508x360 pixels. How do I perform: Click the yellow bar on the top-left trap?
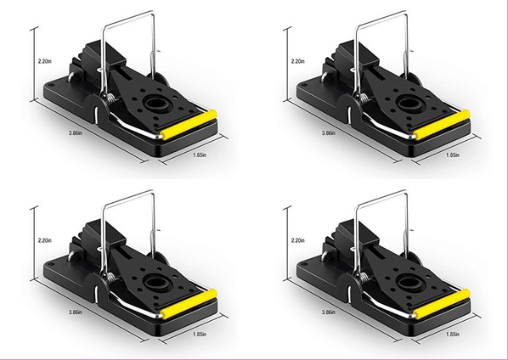[x=189, y=125]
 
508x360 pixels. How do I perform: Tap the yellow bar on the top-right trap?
[x=443, y=125]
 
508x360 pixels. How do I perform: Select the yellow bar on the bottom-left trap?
[x=189, y=304]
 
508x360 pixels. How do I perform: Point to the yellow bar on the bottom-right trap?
[x=443, y=304]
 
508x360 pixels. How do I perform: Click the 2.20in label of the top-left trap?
[x=45, y=61]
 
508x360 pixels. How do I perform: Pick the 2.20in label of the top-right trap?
[x=297, y=61]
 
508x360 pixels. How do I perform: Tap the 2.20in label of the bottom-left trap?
[x=45, y=240]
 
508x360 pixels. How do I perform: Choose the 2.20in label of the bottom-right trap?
[x=297, y=240]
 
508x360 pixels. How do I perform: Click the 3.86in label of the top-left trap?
[x=75, y=132]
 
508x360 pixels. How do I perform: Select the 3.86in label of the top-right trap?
[x=329, y=132]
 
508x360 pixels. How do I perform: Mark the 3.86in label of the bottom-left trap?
[x=75, y=312]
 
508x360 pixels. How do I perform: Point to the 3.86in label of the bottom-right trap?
[x=329, y=312]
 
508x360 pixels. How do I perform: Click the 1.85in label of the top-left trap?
[x=200, y=155]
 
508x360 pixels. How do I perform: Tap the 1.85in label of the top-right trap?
[x=453, y=155]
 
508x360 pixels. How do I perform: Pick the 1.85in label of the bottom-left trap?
[x=200, y=334]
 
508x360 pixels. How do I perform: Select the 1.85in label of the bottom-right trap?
[x=453, y=334]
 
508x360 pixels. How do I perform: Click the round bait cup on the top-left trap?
[x=156, y=104]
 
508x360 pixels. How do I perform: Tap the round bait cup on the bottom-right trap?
[x=409, y=284]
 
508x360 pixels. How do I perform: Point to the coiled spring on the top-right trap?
[x=364, y=98]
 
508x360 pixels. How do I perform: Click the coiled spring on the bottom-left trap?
[x=110, y=278]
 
